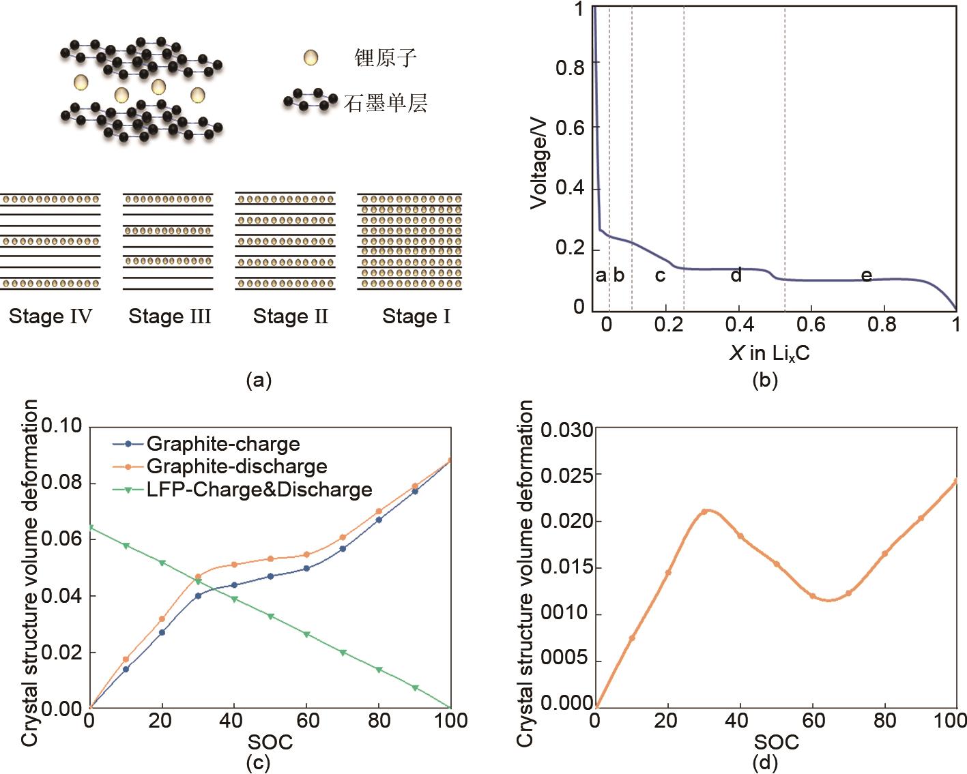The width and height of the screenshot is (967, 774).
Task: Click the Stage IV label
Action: (x=50, y=316)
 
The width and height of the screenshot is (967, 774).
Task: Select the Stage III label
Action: (x=170, y=316)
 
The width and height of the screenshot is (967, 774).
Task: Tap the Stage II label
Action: (x=291, y=316)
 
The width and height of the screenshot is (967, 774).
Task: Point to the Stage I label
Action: (x=416, y=316)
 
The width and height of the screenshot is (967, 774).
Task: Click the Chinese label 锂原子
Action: (x=385, y=58)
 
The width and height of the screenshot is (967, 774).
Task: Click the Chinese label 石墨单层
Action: (x=386, y=104)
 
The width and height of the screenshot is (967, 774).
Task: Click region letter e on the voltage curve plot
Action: (x=866, y=276)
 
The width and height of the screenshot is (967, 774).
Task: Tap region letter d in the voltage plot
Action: (x=736, y=276)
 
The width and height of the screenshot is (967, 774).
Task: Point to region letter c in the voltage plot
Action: (x=660, y=276)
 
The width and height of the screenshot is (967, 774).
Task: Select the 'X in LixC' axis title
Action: (x=770, y=353)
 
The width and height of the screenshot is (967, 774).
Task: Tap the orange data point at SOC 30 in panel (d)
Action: (x=704, y=511)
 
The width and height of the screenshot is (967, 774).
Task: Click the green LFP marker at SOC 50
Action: (x=270, y=616)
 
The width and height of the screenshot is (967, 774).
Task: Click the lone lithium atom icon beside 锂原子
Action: (x=311, y=58)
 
